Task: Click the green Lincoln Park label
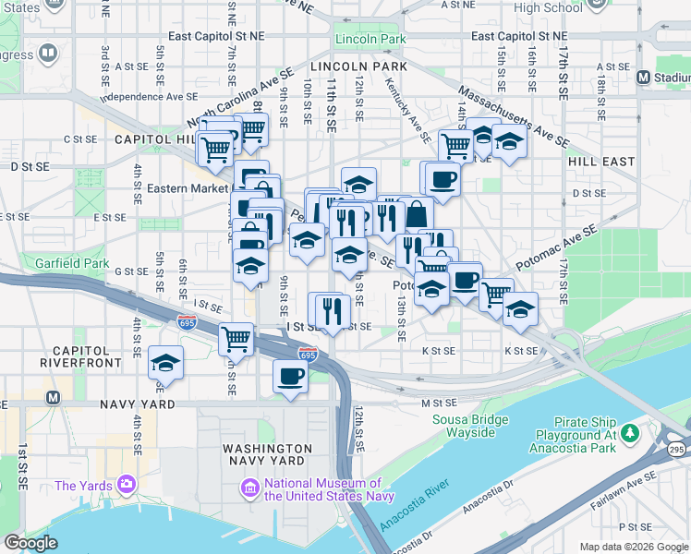point(370,40)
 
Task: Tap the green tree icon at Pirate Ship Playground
point(631,432)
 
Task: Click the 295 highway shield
point(675,449)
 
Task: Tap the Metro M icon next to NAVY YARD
point(54,398)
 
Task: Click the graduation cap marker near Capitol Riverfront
point(165,362)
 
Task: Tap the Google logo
point(31,543)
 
